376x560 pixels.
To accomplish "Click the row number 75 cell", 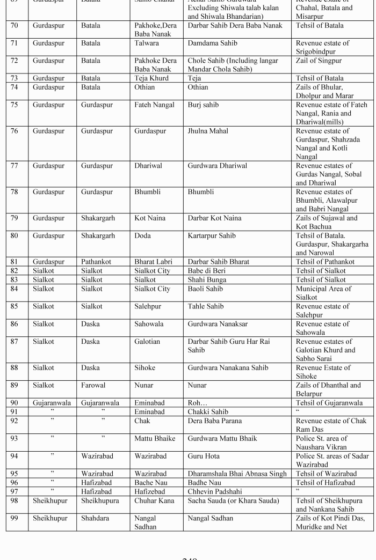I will pyautogui.click(x=14, y=105).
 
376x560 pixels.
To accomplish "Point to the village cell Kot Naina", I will pyautogui.click(x=150, y=218).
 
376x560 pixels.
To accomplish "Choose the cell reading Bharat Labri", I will pyautogui.click(x=153, y=262).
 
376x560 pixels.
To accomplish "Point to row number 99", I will pyautogui.click(x=14, y=518).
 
